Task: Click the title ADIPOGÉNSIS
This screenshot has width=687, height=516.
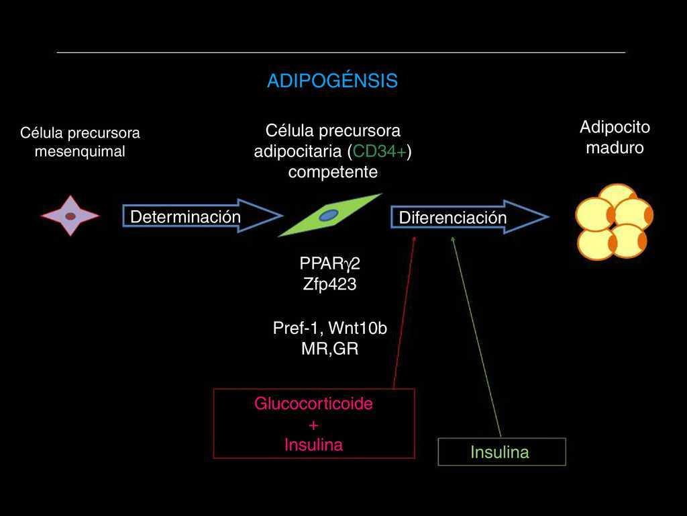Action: pos(332,81)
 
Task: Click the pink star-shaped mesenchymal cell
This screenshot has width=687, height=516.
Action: pos(70,216)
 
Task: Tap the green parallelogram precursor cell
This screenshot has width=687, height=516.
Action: pos(329,215)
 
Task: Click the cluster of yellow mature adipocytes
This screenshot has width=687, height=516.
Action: pos(613,222)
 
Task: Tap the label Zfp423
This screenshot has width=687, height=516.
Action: pos(329,284)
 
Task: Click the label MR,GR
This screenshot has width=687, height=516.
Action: pos(329,349)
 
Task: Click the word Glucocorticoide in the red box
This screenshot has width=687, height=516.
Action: pos(313,404)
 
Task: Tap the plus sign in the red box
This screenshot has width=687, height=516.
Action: pos(313,425)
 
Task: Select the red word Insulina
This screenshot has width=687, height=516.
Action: pos(313,445)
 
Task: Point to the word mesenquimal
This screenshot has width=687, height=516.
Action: pos(80,152)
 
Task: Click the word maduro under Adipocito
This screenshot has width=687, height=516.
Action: pos(615,148)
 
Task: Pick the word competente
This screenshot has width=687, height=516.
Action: pos(333,172)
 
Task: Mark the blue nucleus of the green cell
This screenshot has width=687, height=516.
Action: pos(328,215)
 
